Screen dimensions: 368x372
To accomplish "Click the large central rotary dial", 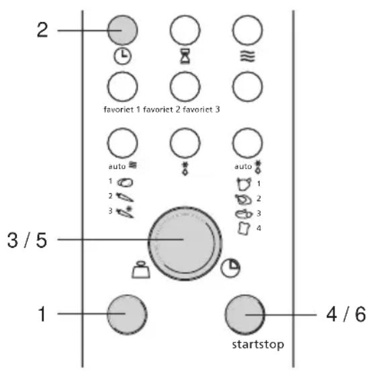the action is coord(185,244).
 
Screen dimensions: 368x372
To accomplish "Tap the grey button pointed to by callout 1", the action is coord(127,314).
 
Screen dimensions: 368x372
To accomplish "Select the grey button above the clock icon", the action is coord(122,30).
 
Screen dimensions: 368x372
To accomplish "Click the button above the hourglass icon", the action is coord(185,30).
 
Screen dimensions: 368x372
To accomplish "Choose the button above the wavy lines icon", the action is coord(248,30).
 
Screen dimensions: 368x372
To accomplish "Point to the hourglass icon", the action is coord(185,56).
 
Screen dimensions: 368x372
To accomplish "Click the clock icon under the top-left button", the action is coord(123,56).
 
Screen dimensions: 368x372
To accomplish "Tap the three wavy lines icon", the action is coord(248,56).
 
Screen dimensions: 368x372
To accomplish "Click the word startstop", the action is coord(258,344).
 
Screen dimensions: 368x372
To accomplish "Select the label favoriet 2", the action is coord(162,109).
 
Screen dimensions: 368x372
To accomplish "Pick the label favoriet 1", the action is coord(122,109).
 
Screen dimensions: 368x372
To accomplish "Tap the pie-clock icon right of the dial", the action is coord(230,268).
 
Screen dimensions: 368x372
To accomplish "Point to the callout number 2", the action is coord(42,30).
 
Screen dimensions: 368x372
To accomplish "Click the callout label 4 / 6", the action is coord(346,314).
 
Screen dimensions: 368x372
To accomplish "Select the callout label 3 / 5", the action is coord(27,240).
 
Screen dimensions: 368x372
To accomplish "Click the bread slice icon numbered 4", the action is coord(244,228).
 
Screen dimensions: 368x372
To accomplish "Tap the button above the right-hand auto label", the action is coord(248,143).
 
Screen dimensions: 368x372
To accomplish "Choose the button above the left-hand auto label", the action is coord(122,143).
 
